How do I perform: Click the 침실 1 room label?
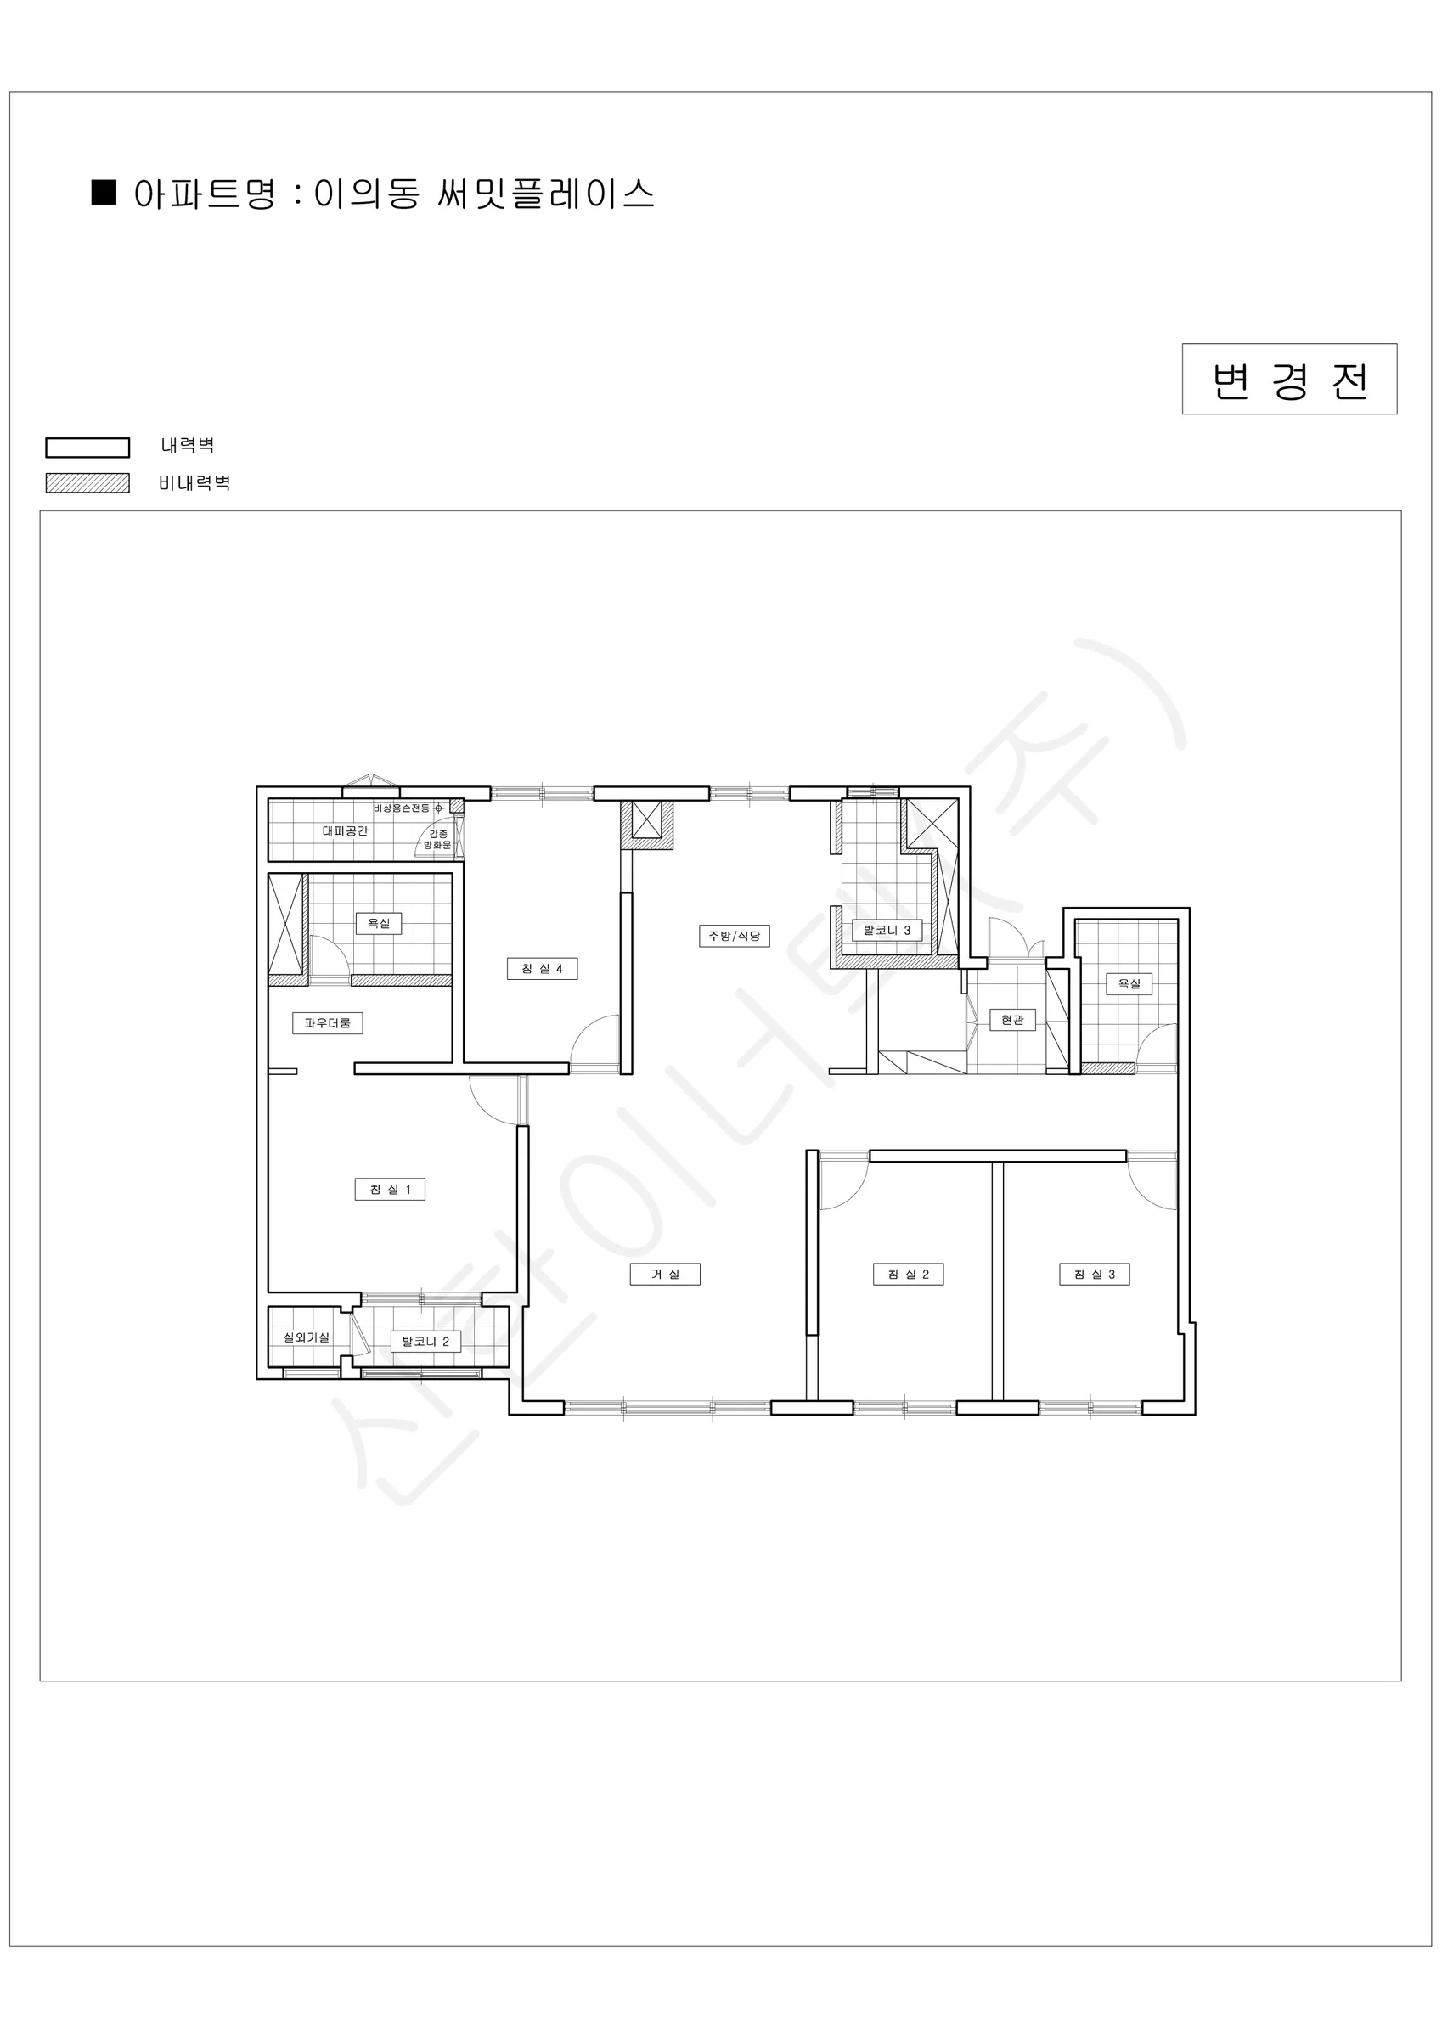pos(390,1190)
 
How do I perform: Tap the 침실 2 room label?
pos(908,1275)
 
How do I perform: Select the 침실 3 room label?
pos(1094,1275)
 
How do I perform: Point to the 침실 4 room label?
pos(542,968)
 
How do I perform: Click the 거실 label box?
pos(665,1275)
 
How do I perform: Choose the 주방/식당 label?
pos(735,936)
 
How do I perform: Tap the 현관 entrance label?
pos(1012,1021)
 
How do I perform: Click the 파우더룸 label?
pos(328,1023)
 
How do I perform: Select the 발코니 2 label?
pos(425,1341)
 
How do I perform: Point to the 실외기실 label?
pos(307,1337)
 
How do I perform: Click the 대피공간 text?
pos(345,830)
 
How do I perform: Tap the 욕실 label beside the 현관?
pos(1129,983)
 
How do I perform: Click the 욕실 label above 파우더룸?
pos(379,923)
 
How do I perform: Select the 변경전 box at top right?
pos(1289,379)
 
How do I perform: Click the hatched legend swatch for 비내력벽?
pos(88,483)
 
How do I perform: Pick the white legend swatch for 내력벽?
pos(88,448)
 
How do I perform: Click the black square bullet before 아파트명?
pos(104,192)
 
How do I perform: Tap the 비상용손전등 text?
pos(401,808)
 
